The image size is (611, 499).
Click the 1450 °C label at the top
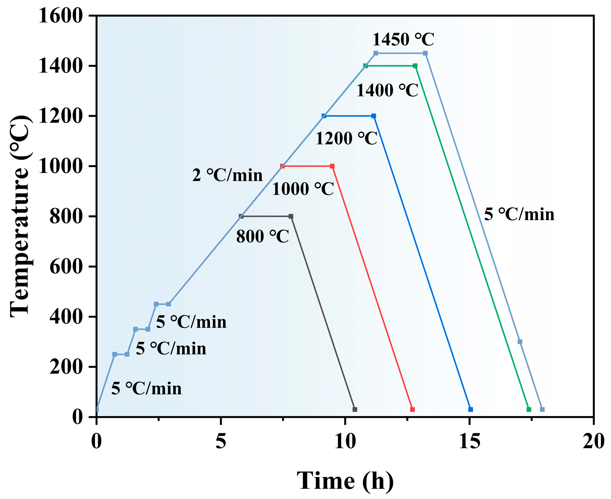403,40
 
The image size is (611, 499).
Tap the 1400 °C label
387,91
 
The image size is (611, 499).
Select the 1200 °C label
346,139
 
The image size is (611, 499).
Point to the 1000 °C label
303,189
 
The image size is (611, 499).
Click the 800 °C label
263,237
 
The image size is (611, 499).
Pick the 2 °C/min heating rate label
227,176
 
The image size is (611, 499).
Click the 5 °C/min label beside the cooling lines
519,214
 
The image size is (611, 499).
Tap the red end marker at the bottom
413,409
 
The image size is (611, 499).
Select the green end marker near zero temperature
529,409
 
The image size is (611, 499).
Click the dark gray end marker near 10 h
355,409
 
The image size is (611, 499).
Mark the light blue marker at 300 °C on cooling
520,342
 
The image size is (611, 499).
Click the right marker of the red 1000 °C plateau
332,166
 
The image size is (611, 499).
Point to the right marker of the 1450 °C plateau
425,53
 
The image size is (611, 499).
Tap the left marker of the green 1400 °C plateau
365,66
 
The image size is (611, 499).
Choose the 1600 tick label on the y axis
61,16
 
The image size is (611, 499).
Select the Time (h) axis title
345,480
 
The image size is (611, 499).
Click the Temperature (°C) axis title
20,216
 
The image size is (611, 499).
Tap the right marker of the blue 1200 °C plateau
373,116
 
